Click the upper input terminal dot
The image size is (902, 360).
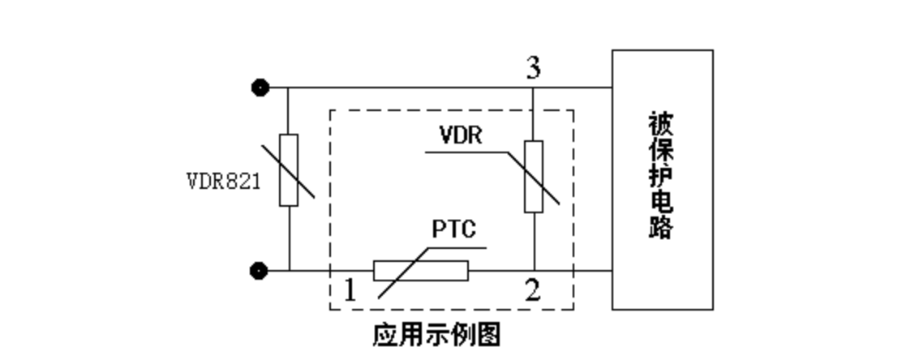point(260,88)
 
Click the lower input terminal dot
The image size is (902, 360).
point(260,270)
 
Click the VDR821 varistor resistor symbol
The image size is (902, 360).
point(289,170)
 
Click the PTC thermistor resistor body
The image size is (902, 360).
point(420,270)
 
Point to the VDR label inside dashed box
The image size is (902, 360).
point(460,135)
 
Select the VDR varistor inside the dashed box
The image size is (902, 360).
point(533,176)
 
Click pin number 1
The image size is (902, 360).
point(350,290)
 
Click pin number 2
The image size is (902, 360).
point(532,290)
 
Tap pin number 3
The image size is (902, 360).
point(533,68)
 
